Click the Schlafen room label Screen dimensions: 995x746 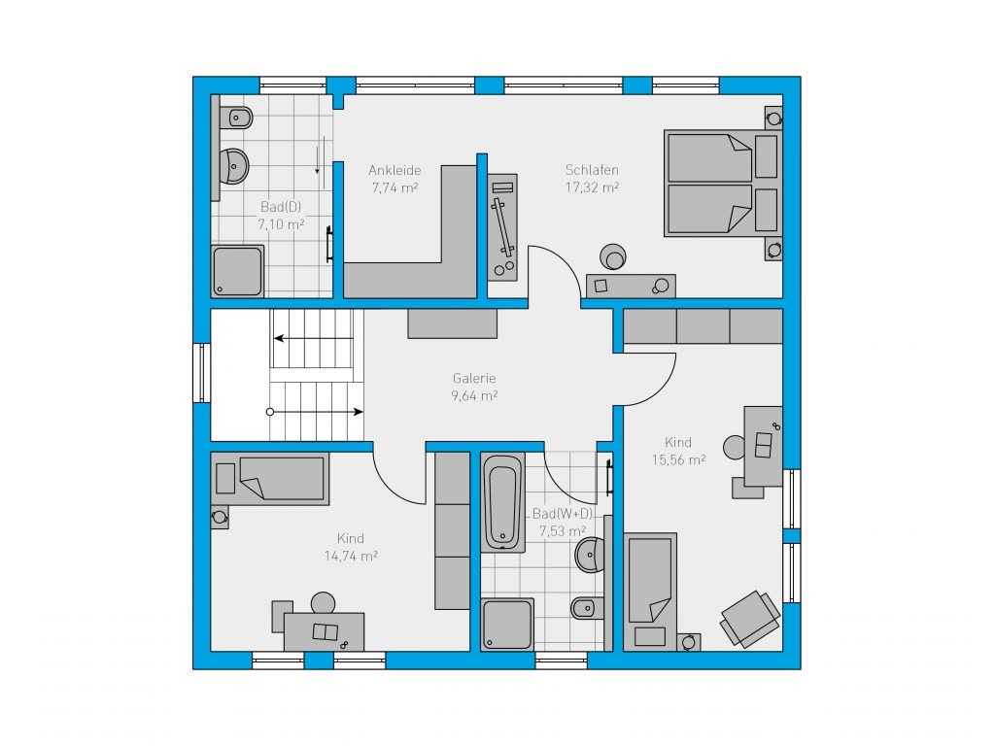[592, 170]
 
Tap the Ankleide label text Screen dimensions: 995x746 [395, 170]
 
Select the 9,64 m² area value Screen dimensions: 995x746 [474, 396]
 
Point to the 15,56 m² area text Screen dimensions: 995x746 [678, 459]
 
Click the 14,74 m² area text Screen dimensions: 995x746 [351, 557]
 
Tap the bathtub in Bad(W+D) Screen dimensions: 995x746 [502, 502]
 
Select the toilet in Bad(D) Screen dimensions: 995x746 [236, 118]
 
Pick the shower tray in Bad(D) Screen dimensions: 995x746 [237, 272]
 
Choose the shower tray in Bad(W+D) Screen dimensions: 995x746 [507, 625]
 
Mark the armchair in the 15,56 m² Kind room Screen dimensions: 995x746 [749, 619]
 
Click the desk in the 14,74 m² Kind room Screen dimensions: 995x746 [324, 631]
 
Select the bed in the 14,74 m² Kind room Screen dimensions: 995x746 [270, 478]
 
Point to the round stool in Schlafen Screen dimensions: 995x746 [613, 256]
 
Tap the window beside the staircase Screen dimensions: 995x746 [202, 373]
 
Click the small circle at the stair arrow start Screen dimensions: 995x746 [270, 412]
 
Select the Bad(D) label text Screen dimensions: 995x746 [281, 207]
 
